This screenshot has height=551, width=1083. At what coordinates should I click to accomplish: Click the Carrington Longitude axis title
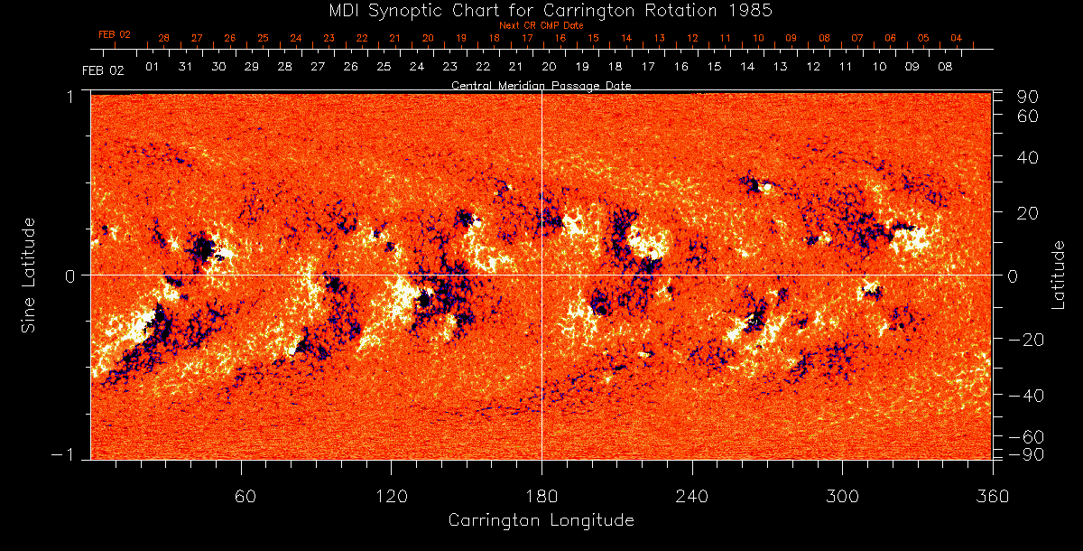click(541, 520)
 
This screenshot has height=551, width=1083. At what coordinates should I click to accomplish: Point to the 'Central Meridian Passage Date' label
click(541, 86)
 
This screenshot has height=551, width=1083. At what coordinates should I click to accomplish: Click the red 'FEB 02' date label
click(115, 35)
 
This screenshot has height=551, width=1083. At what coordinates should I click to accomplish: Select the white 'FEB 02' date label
click(102, 70)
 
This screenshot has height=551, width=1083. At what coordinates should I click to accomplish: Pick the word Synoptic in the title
click(401, 10)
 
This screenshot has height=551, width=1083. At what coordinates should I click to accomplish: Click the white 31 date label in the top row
click(185, 67)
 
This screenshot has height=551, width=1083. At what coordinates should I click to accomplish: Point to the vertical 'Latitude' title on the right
click(1059, 274)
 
